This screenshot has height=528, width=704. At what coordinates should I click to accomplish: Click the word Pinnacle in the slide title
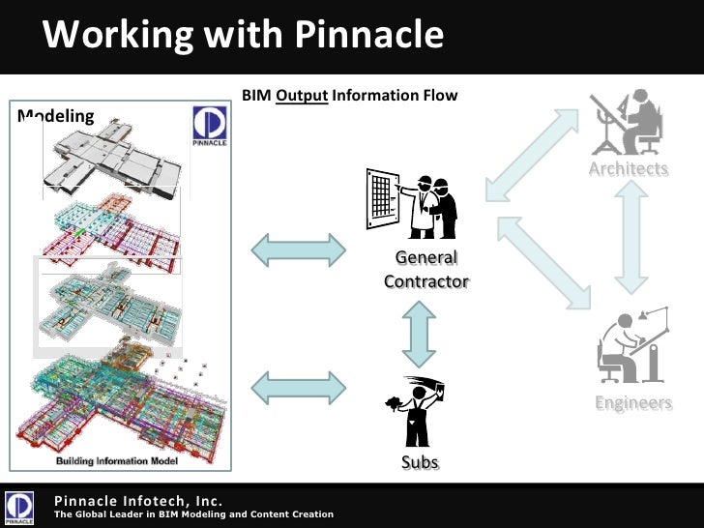(x=367, y=36)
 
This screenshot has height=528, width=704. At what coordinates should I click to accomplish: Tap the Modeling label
(x=56, y=117)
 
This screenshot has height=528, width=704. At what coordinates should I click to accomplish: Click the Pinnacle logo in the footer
(x=21, y=507)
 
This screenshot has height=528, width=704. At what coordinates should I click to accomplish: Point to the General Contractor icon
(x=412, y=203)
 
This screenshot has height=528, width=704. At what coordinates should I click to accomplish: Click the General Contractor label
(x=425, y=270)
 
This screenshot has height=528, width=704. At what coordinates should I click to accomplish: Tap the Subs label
(x=420, y=463)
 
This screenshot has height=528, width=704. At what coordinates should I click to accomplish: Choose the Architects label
(x=629, y=169)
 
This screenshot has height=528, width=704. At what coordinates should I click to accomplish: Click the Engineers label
(x=633, y=403)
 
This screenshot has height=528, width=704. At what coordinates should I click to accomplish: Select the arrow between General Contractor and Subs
(x=419, y=334)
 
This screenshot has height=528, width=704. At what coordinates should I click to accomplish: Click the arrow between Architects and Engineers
(x=630, y=238)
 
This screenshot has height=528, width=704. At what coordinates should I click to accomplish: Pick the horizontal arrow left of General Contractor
(x=298, y=250)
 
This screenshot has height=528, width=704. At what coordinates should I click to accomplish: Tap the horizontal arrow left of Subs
(x=298, y=387)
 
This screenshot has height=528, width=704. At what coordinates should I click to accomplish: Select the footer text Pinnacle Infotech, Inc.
(x=138, y=500)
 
